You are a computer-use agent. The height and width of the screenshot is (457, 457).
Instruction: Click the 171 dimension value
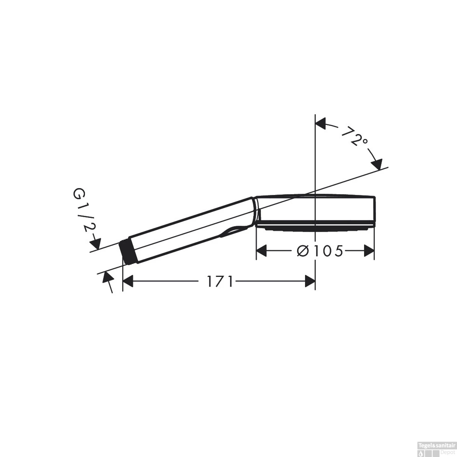point(220,281)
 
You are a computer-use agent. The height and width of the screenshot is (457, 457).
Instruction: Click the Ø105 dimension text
point(320,251)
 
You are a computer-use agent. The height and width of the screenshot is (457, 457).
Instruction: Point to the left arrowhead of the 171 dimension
point(128,281)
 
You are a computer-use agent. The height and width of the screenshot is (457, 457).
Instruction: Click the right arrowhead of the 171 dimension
point(310,281)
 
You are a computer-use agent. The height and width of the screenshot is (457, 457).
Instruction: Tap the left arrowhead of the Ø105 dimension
point(261,251)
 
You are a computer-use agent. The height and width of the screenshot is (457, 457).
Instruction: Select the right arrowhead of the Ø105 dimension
point(369,251)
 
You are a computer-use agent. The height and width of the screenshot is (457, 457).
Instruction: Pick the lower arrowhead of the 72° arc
point(377,165)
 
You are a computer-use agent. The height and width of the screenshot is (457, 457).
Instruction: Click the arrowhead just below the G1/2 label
point(95,243)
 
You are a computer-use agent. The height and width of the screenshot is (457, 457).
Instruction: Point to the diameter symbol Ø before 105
point(303,251)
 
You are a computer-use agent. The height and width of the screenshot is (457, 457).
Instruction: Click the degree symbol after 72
point(364,141)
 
